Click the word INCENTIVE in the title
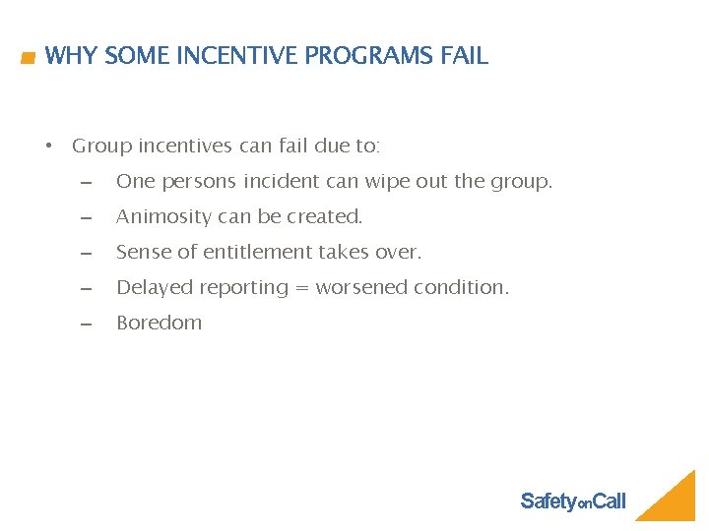237,56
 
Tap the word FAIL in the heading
464,56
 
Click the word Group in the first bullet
102,147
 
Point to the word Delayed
151,288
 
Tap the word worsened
361,288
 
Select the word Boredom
159,324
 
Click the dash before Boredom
86,324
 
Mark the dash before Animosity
86,217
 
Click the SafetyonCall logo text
572,502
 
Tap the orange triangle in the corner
674,501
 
